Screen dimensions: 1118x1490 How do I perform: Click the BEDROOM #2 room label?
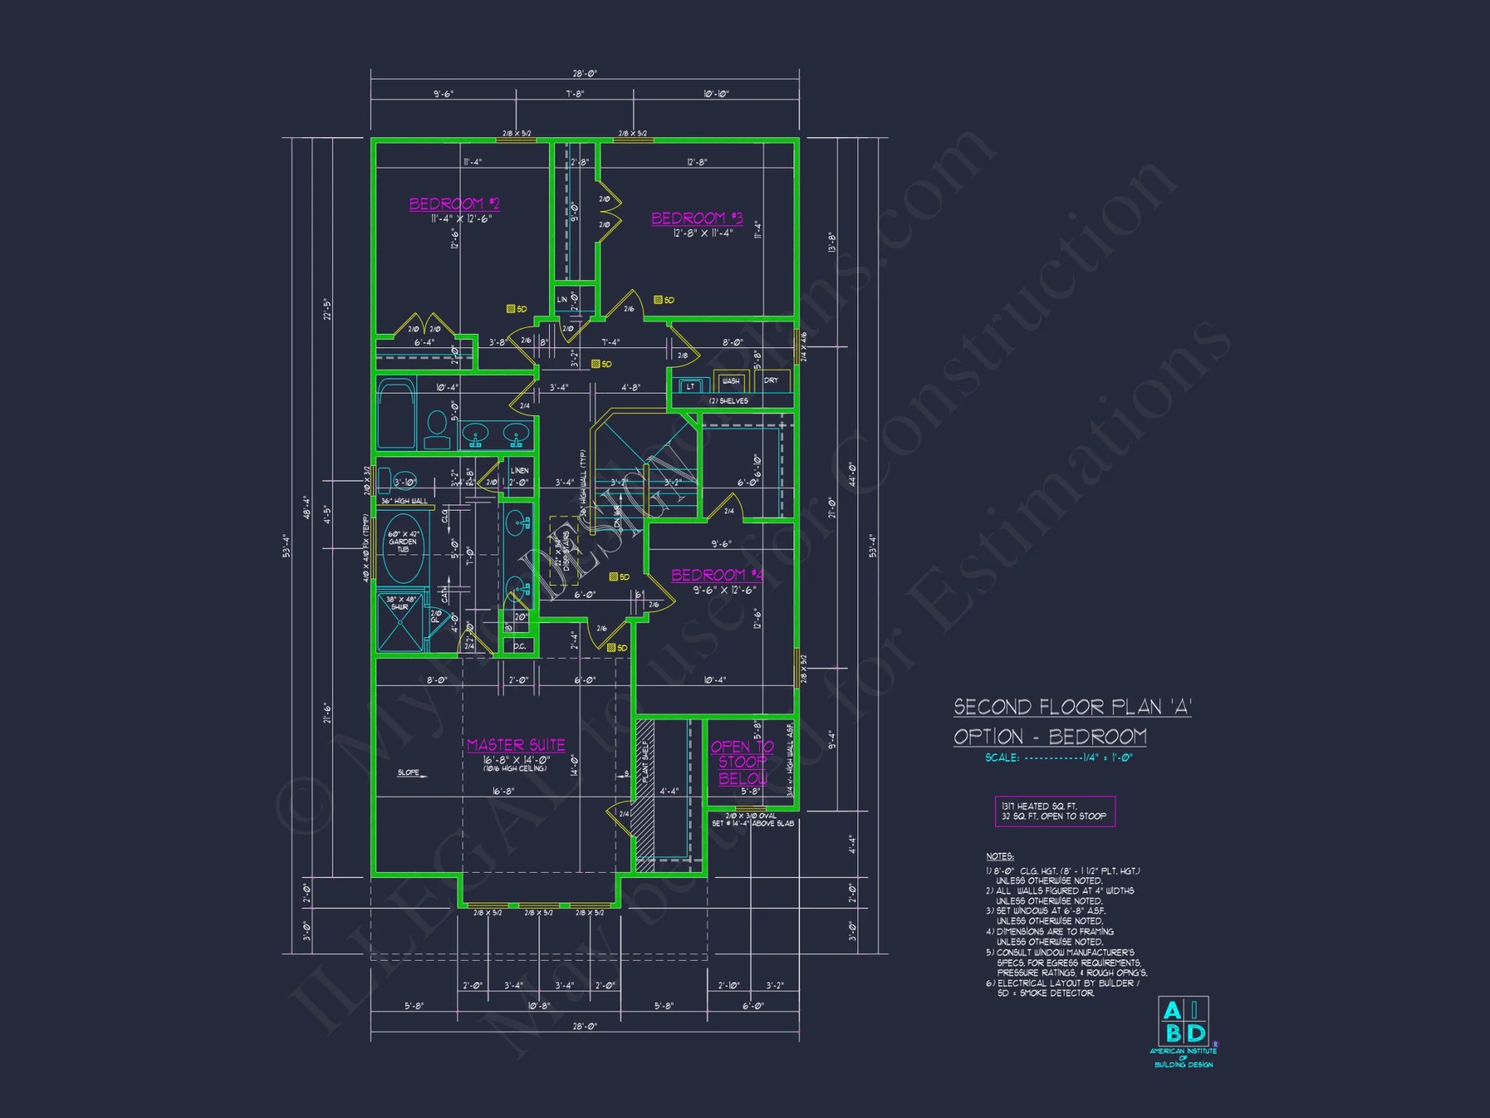pyautogui.click(x=454, y=203)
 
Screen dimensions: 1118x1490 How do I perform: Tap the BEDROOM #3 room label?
pyautogui.click(x=697, y=218)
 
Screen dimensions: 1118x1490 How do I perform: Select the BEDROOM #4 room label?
pyautogui.click(x=717, y=575)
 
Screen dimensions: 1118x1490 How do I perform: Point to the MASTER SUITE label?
pyautogui.click(x=516, y=745)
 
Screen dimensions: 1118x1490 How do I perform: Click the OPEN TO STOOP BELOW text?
pyautogui.click(x=742, y=762)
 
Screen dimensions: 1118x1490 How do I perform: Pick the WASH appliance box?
pyautogui.click(x=731, y=382)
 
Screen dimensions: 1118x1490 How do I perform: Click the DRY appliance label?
pyautogui.click(x=771, y=380)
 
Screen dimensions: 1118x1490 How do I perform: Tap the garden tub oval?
pyautogui.click(x=403, y=548)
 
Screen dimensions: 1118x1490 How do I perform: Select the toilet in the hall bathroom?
pyautogui.click(x=437, y=429)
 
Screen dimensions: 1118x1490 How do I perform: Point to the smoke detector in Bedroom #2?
pyautogui.click(x=512, y=309)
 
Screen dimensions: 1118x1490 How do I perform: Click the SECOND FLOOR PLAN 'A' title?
pyautogui.click(x=1072, y=707)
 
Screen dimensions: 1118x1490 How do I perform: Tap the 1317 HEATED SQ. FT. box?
pyautogui.click(x=1054, y=811)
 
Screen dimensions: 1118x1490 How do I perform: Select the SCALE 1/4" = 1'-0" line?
pyautogui.click(x=1058, y=757)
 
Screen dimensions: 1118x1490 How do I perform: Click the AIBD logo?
pyautogui.click(x=1183, y=1022)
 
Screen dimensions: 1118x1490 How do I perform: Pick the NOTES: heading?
pyautogui.click(x=1000, y=856)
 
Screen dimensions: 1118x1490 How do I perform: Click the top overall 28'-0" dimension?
pyautogui.click(x=585, y=74)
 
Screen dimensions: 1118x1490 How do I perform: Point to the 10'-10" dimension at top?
pyautogui.click(x=716, y=94)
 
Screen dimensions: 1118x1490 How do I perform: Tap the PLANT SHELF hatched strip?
pyautogui.click(x=645, y=794)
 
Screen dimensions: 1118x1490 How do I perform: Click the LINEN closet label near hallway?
pyautogui.click(x=519, y=470)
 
